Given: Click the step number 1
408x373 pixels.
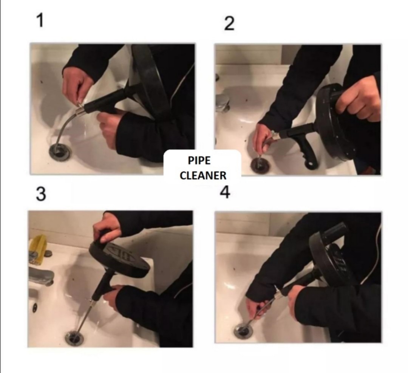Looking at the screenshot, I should pos(40,20).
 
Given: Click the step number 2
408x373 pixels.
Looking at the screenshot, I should pos(229,23).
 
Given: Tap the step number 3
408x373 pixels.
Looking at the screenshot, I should pos(40,194).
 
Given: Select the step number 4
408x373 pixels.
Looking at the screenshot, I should pos(225,192).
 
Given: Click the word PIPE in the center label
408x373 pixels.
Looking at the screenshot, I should pos(199,161).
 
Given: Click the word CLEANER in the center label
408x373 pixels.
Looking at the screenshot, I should pos(203,175).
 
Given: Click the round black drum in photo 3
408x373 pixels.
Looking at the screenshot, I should pos(119,257).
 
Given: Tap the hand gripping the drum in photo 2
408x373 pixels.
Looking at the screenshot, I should pos(357,100).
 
